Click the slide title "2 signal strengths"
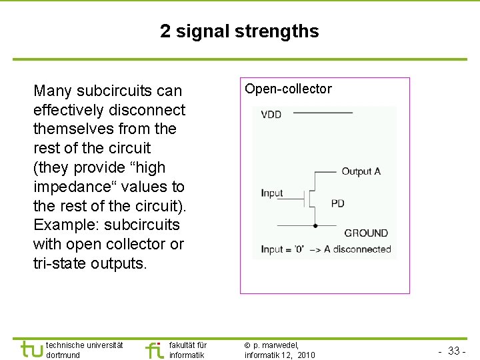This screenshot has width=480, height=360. (x=239, y=31)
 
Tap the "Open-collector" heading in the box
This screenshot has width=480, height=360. (x=288, y=89)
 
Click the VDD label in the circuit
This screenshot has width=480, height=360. (x=271, y=115)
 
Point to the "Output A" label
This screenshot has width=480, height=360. (x=361, y=171)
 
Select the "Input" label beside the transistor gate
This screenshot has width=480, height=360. (x=272, y=193)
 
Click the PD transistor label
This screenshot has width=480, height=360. (x=338, y=203)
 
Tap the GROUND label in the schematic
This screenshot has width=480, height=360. (x=366, y=233)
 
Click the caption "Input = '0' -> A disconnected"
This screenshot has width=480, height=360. (x=325, y=249)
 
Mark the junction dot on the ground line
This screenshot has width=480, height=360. (x=315, y=226)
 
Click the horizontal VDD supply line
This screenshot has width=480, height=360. (x=323, y=113)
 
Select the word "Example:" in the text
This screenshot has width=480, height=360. (x=65, y=225)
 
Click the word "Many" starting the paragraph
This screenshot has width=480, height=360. (x=53, y=91)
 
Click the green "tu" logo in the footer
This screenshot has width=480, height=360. (x=31, y=349)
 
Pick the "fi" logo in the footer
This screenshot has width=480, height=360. (x=154, y=350)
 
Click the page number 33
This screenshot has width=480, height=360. (x=454, y=351)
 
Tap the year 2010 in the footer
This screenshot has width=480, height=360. (x=306, y=355)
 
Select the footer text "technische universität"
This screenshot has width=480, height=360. (x=85, y=345)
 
